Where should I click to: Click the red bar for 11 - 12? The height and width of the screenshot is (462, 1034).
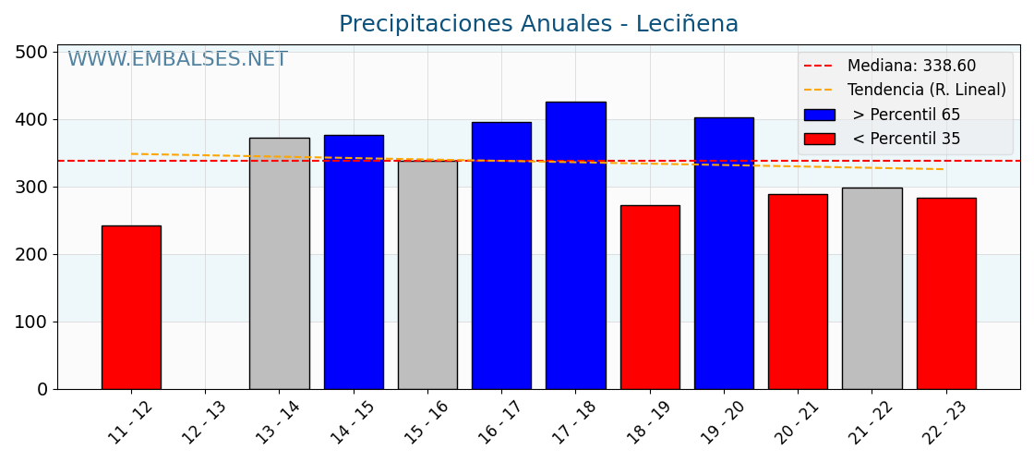click(131, 307)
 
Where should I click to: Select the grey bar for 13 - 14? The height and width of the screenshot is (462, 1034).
click(279, 263)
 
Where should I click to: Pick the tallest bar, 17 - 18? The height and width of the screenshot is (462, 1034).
click(575, 245)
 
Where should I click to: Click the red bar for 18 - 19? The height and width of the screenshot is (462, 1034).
click(650, 297)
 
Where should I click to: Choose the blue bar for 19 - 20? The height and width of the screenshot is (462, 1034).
click(724, 253)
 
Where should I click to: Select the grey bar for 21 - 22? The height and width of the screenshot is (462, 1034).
click(872, 288)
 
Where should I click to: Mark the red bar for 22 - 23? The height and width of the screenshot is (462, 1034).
click(946, 293)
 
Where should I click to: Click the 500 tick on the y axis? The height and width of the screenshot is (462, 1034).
click(30, 53)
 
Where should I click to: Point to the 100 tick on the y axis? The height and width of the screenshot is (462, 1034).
click(30, 322)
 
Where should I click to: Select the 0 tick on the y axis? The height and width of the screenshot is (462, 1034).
click(42, 390)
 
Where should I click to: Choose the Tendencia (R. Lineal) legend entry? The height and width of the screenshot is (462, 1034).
click(926, 91)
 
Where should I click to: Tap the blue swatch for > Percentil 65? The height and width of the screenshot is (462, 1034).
click(819, 115)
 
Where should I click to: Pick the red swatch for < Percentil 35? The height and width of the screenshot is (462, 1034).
click(819, 140)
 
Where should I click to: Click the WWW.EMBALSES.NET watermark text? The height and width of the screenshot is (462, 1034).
click(177, 60)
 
